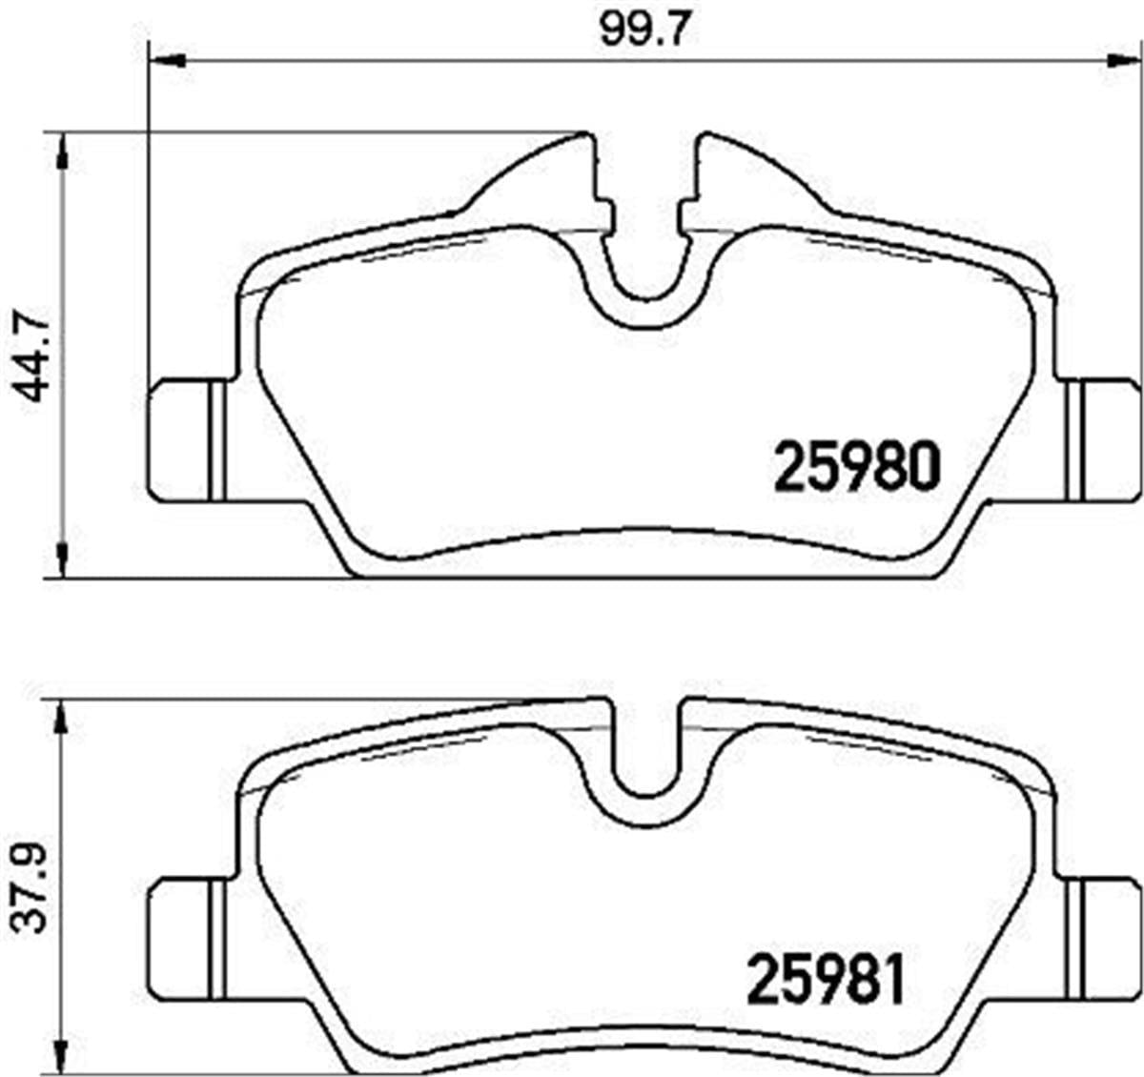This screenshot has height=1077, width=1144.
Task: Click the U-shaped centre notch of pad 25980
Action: (644, 272)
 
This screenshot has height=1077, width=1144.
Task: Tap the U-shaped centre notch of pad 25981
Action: (644, 762)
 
